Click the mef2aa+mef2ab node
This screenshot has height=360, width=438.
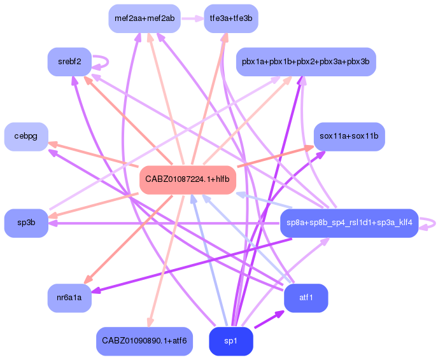[145, 18]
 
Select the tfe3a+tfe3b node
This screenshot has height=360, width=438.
[230, 18]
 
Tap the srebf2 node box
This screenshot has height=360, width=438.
[69, 62]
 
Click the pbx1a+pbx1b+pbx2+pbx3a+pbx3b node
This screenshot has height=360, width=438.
[306, 62]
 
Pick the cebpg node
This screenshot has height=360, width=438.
[26, 136]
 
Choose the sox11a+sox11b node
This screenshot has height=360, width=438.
[349, 136]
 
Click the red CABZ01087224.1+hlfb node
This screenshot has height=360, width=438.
[187, 179]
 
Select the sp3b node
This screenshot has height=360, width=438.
[26, 223]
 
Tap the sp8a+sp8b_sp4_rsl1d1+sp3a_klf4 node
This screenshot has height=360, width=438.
[349, 223]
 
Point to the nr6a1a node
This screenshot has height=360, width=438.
[69, 297]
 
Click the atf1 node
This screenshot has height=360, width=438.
[306, 297]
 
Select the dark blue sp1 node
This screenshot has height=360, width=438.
[230, 342]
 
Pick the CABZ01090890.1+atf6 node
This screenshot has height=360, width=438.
[145, 342]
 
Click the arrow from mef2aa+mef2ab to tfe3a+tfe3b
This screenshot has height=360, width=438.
[192, 18]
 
